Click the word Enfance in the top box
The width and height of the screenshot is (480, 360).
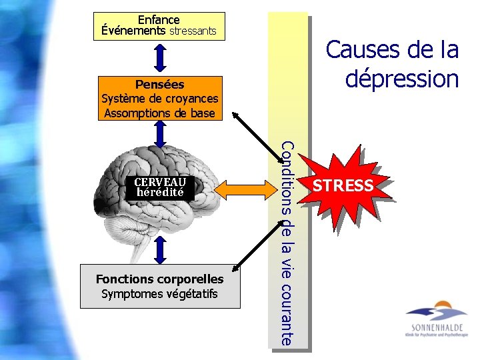pos(159,20)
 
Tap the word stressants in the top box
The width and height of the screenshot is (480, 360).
pos(193,31)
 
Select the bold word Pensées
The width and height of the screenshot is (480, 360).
pos(159,85)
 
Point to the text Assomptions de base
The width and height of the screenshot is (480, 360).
pos(159,113)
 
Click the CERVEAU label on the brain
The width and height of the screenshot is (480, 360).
pos(159,182)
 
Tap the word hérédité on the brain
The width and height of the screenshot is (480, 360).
pos(159,192)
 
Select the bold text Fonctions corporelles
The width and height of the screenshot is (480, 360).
pos(159,279)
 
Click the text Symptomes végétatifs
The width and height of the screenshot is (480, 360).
pos(159,293)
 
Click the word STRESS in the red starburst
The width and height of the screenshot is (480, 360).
pos(343,185)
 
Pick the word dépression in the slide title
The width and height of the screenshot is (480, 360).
pos(402,79)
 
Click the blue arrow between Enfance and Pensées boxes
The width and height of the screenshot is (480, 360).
pos(159,58)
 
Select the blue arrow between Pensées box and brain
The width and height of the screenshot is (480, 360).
pos(159,135)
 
